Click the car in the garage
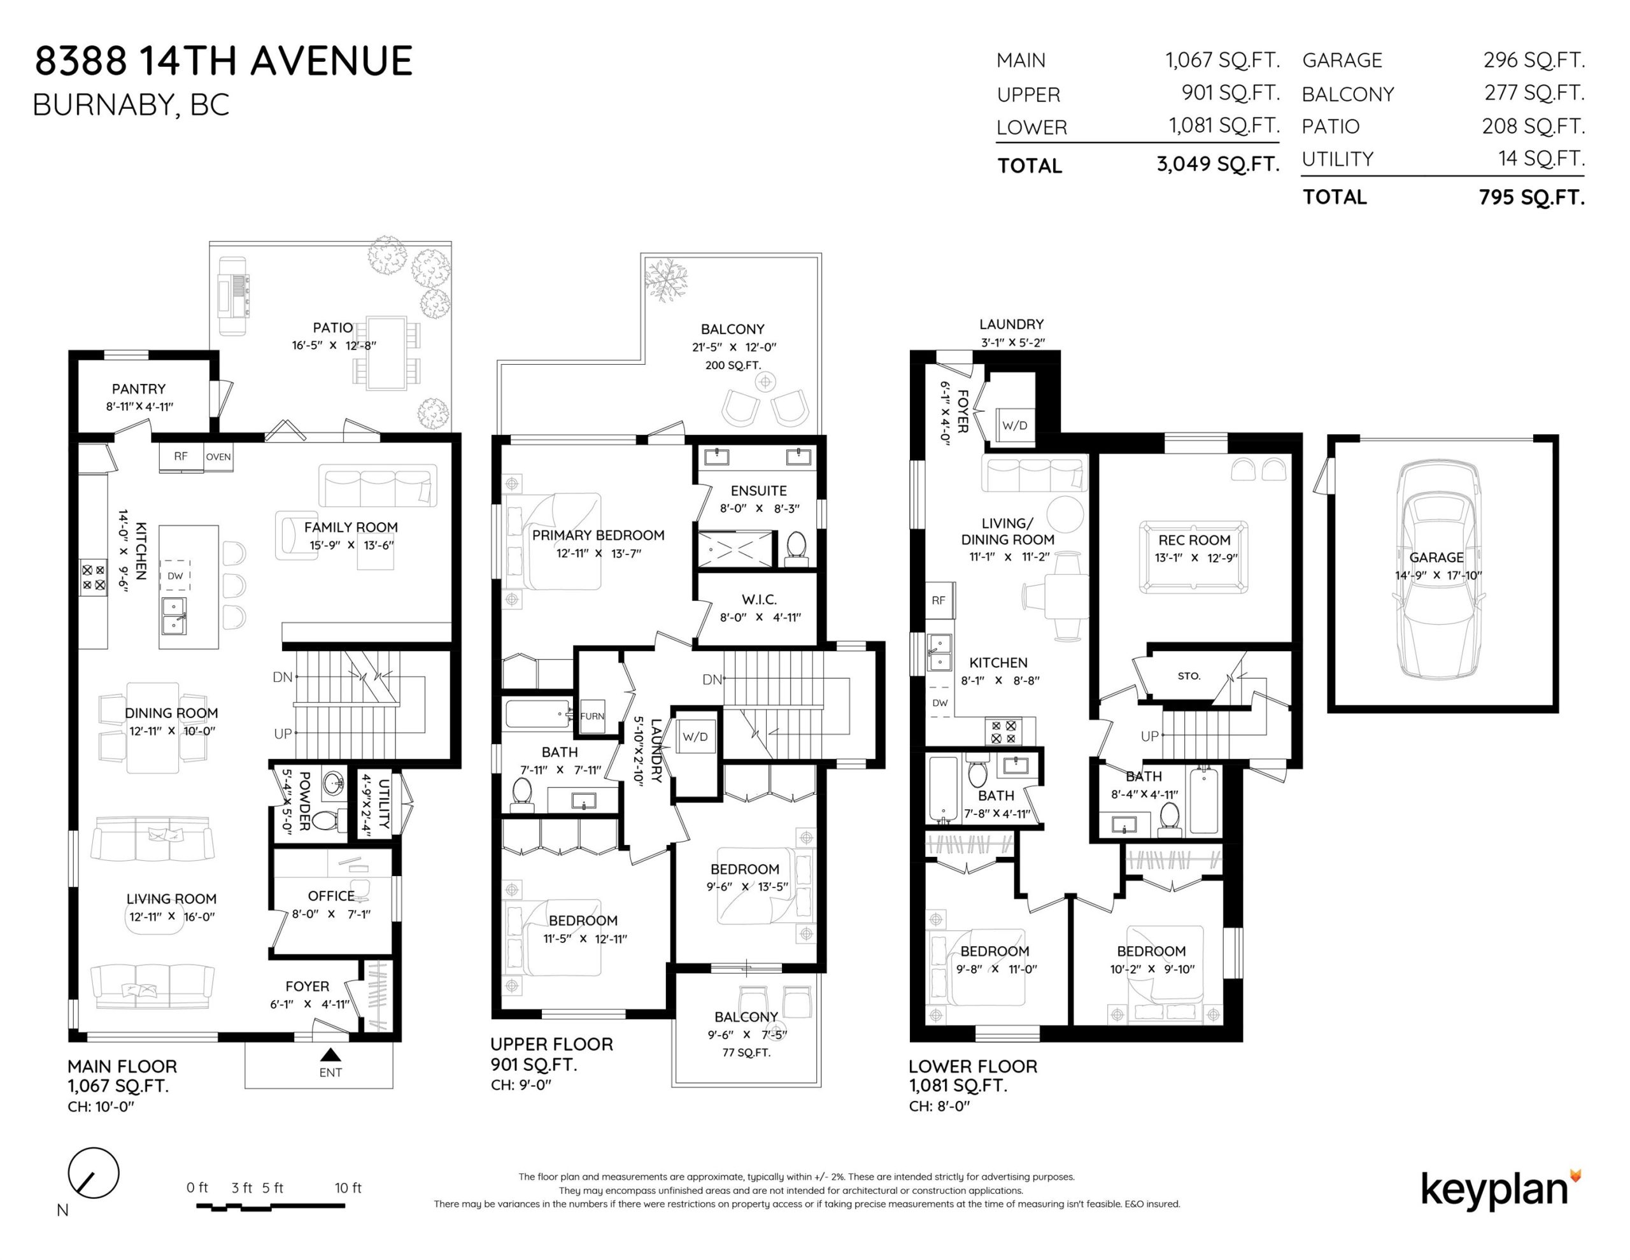[1436, 569]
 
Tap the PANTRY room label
[139, 389]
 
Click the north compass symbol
[94, 1173]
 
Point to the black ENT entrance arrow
[330, 1055]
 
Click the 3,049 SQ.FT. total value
[1218, 164]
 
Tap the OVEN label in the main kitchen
[218, 457]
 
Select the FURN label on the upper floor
[593, 716]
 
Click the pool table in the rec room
[1194, 557]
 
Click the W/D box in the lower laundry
[1015, 425]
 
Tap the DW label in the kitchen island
[175, 576]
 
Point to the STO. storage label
[1189, 676]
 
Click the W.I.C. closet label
[759, 599]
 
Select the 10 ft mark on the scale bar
[348, 1187]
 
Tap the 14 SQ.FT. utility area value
[1541, 159]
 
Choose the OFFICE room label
[331, 896]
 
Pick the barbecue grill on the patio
[233, 295]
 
